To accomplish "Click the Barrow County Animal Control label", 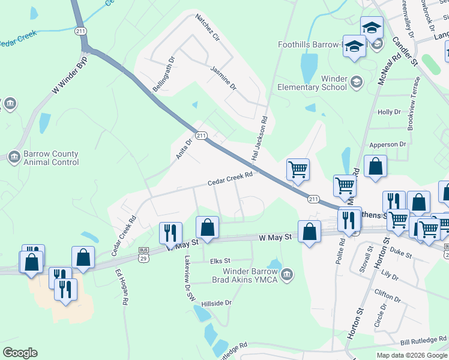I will click(51, 158).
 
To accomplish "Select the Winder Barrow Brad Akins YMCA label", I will click(247, 274).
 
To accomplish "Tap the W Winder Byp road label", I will click(70, 75).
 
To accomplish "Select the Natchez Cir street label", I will click(208, 30).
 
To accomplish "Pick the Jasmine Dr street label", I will click(223, 78).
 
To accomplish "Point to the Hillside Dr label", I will click(216, 304).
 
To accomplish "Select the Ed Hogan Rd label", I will click(121, 287).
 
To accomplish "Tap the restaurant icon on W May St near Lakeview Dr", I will click(170, 233).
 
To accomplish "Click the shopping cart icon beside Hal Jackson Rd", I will click(298, 170).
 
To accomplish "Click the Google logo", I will click(20, 353).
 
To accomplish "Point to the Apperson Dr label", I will click(388, 145).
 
